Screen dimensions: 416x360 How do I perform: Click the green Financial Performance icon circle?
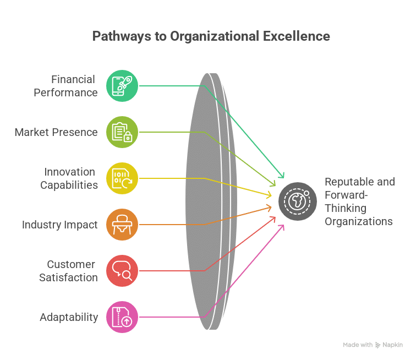click(x=122, y=86)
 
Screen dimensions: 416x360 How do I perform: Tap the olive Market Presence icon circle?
click(x=122, y=132)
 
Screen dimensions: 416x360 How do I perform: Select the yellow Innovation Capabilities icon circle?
click(x=122, y=178)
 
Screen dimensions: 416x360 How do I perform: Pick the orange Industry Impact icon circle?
click(x=122, y=225)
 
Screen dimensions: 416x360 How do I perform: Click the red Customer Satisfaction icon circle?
click(x=122, y=271)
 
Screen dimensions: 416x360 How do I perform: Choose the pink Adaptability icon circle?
click(x=122, y=317)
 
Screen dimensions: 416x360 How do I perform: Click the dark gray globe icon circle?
click(x=298, y=201)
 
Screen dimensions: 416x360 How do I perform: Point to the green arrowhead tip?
click(x=284, y=178)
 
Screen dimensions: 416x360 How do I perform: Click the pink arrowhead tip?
click(x=284, y=225)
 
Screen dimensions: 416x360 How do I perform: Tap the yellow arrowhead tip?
click(x=271, y=196)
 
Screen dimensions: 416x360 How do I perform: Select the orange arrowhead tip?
click(x=271, y=207)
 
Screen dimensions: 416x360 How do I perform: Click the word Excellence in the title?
click(x=297, y=36)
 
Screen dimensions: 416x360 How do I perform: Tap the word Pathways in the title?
click(x=122, y=37)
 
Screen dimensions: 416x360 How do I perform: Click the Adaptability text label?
click(x=69, y=318)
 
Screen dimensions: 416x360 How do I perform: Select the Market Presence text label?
click(x=56, y=132)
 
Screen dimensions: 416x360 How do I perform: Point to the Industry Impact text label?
click(x=59, y=225)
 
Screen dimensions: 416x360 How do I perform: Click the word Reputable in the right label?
click(x=349, y=182)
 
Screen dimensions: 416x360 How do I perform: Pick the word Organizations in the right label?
click(x=359, y=222)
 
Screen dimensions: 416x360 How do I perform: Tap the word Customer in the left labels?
click(x=71, y=264)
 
